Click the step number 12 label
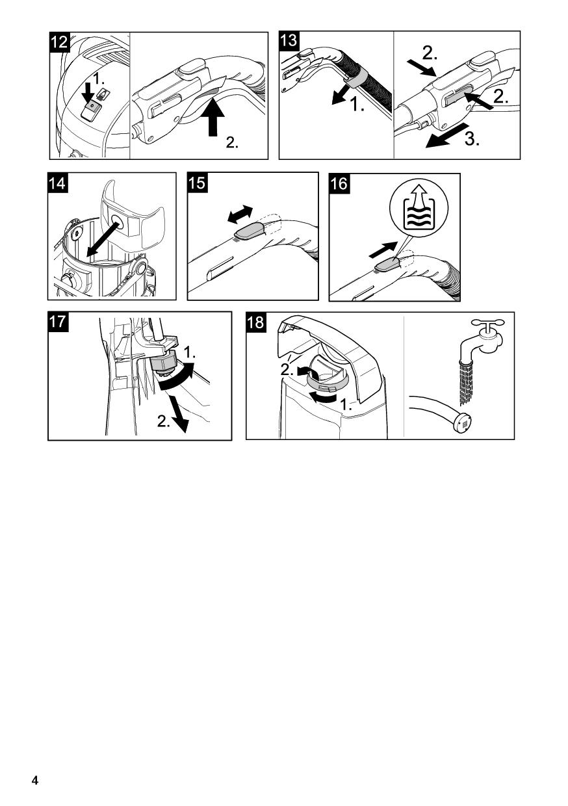click(x=59, y=42)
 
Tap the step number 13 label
click(x=289, y=42)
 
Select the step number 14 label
click(x=58, y=183)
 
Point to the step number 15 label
click(x=197, y=183)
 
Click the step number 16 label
click(x=339, y=183)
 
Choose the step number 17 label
click(x=58, y=322)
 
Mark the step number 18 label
click(x=256, y=322)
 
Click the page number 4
click(x=35, y=778)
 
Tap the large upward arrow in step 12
click(x=213, y=117)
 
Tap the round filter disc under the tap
click(x=463, y=422)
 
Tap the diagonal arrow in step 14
click(x=103, y=239)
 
